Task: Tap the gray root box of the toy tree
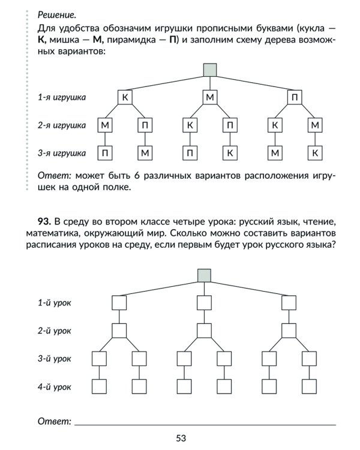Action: [x=209, y=69]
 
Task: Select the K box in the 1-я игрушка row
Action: [x=125, y=97]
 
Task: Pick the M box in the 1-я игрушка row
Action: [x=209, y=97]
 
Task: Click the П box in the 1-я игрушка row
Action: [x=294, y=97]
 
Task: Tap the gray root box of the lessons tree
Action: [x=205, y=275]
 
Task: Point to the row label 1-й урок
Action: [x=54, y=303]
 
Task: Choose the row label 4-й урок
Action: [x=54, y=387]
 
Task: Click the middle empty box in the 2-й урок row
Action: [x=205, y=331]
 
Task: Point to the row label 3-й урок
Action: [x=54, y=359]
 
